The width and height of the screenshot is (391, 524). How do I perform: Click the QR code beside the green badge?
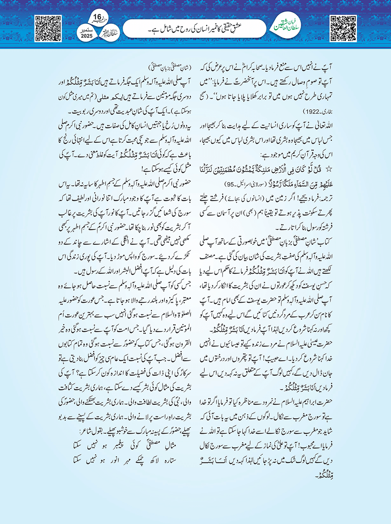pos(343,28)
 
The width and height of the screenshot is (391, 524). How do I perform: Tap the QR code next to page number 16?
pos(48,28)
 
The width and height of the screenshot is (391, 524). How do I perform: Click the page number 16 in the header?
pos(97,17)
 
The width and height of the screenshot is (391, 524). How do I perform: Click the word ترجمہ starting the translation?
pos(325,198)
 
